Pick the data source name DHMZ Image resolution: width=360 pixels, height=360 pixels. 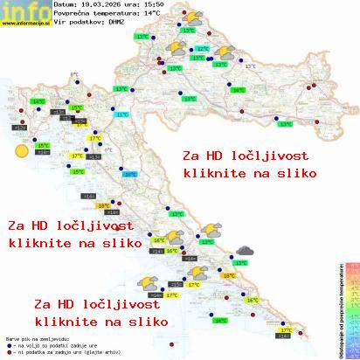click(113, 24)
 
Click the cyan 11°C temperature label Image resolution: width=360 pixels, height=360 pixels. click(121, 114)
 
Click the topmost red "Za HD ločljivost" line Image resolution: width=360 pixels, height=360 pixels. click(237, 156)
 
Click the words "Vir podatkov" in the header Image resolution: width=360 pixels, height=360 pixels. click(73, 24)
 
